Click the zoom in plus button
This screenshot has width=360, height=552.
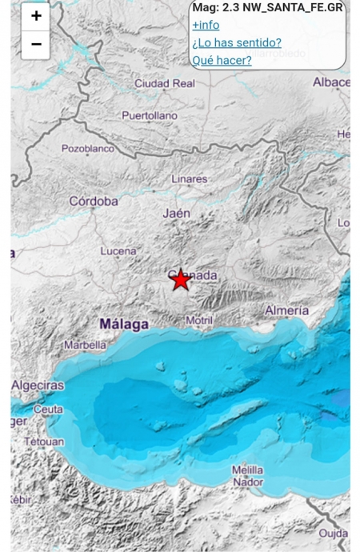coord(36,16)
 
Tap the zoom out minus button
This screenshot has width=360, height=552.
coord(36,44)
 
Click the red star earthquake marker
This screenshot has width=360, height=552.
coord(181,279)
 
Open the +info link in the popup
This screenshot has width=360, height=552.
coord(206,25)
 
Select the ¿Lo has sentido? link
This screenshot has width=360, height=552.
coord(237,42)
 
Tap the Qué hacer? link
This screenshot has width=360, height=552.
coord(222,60)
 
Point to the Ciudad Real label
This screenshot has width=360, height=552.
coord(165,83)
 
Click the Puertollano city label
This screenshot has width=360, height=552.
coord(150,116)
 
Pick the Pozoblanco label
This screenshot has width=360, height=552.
coord(88,148)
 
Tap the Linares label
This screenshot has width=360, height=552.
coord(189,179)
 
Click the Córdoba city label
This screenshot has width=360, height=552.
coord(94,202)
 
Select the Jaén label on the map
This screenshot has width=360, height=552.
coord(177,214)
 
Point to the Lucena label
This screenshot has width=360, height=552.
coord(118,251)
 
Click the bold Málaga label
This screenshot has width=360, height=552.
coord(123,324)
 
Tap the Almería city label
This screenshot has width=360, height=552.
coord(286,310)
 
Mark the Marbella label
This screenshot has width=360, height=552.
coord(85,346)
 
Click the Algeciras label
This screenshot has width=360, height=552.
coord(38,386)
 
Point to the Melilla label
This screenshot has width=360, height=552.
coord(248,470)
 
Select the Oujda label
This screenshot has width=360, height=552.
coord(334,533)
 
